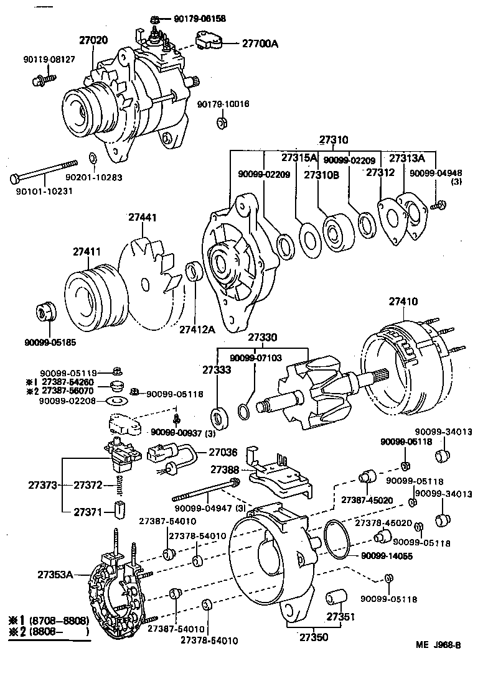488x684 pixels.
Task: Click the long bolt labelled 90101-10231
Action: (x=44, y=171)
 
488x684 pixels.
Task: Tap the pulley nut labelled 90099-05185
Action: (x=45, y=312)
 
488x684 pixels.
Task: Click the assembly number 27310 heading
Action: (x=334, y=140)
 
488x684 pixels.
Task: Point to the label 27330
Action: (x=263, y=338)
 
